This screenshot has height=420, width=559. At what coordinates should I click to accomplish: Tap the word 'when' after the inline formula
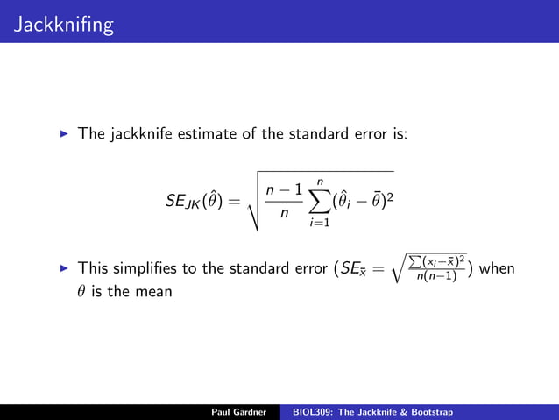(x=498, y=267)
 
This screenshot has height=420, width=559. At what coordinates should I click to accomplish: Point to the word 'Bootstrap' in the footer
(x=430, y=412)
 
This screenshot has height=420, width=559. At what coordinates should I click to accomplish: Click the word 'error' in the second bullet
(x=301, y=267)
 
